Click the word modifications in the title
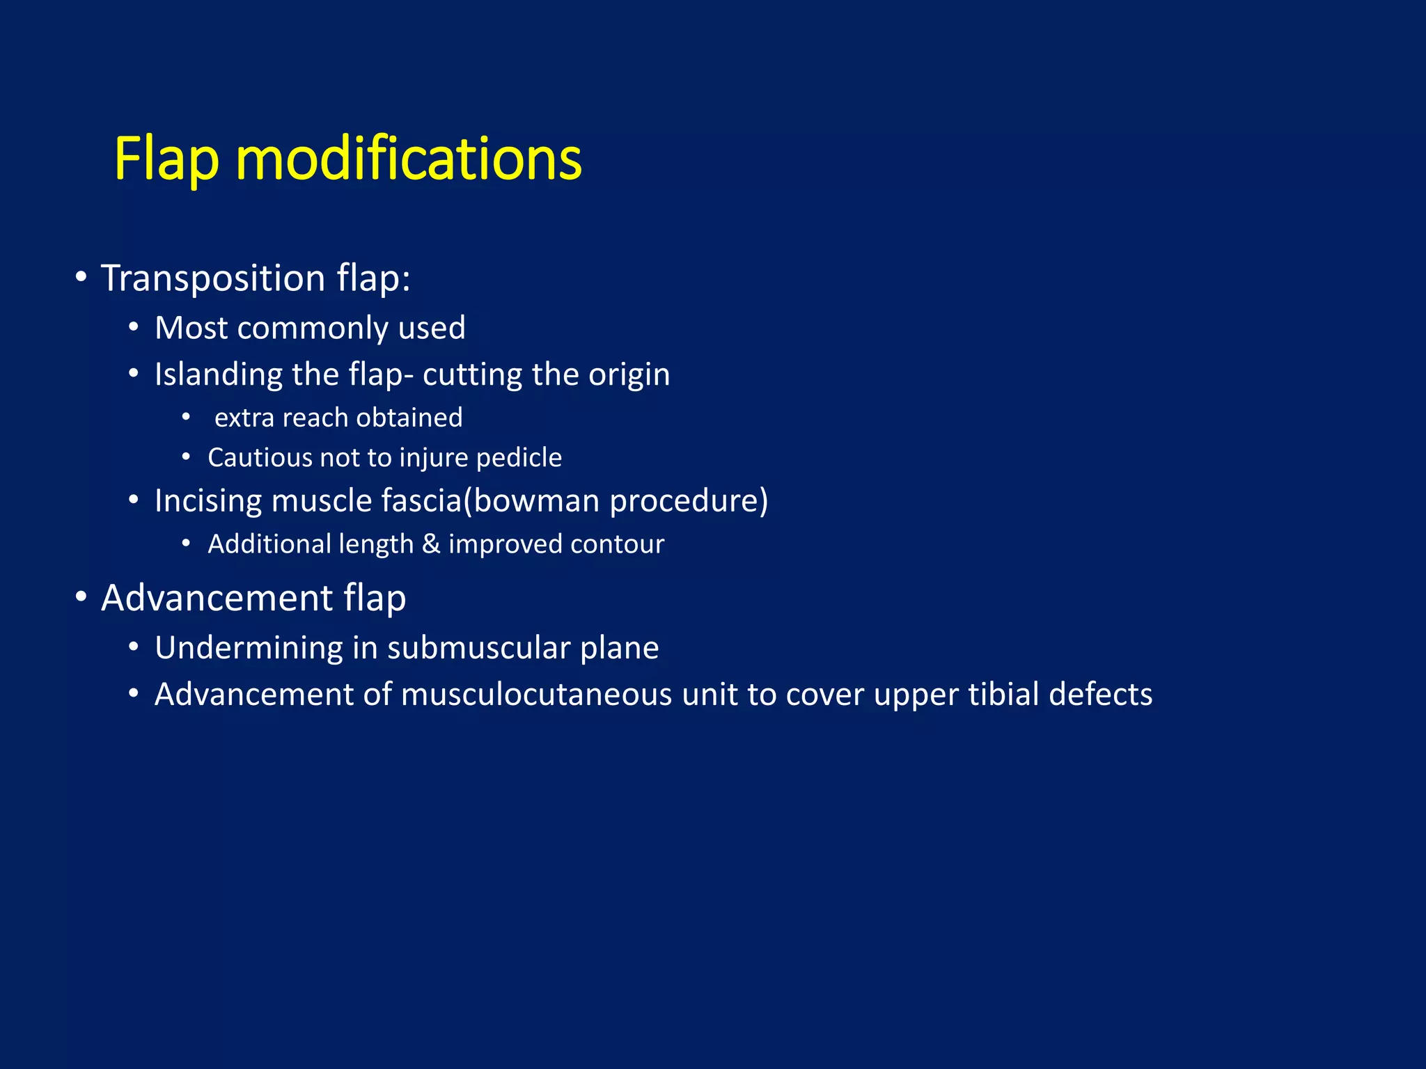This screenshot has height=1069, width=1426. [x=409, y=160]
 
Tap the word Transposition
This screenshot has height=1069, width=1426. [x=213, y=278]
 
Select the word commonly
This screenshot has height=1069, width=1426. [x=312, y=328]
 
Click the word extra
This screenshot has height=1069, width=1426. [x=244, y=418]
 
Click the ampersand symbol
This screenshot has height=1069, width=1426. [x=431, y=544]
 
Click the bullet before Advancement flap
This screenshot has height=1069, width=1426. [x=81, y=597]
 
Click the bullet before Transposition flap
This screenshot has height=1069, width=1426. [x=81, y=278]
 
